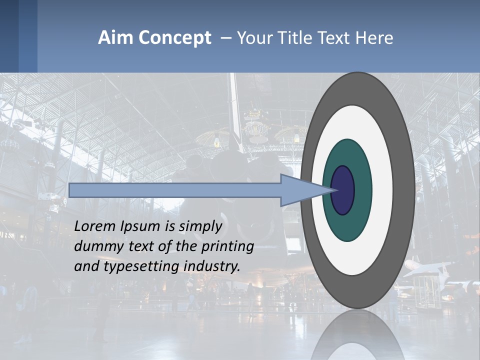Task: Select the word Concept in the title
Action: [174, 38]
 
